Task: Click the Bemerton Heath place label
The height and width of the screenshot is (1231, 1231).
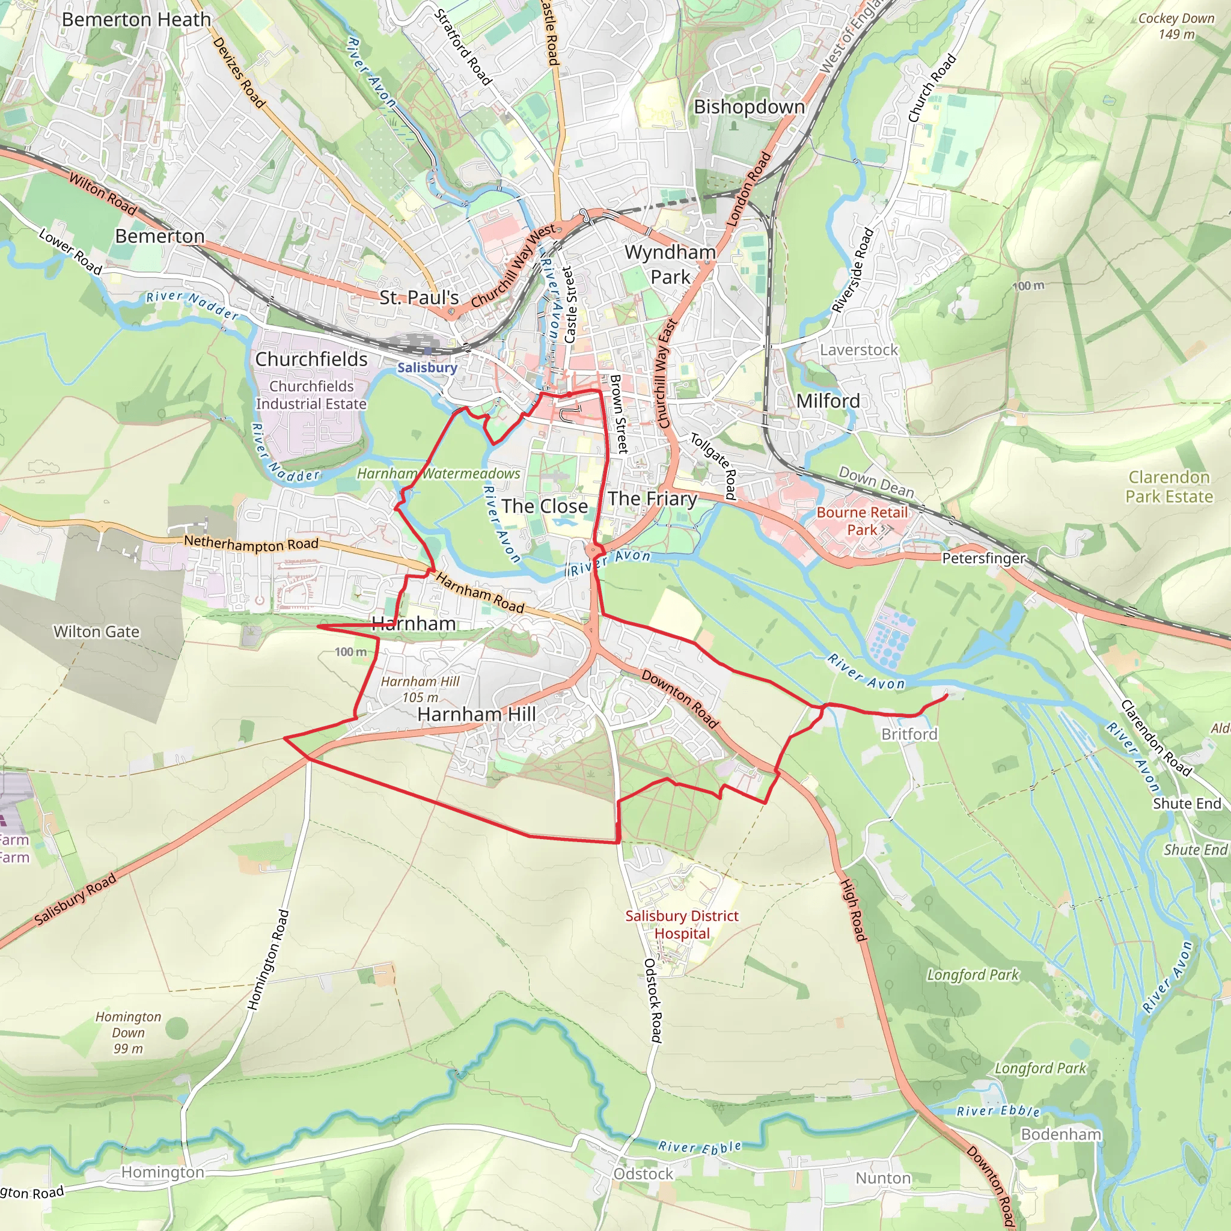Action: coord(136,20)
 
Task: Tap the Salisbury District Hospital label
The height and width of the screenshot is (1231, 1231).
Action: coord(682,924)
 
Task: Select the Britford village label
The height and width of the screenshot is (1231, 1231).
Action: coord(909,734)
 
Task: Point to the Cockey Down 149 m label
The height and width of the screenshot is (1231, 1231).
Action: coord(1176,26)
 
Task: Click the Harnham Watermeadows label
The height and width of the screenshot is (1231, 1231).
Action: coord(438,474)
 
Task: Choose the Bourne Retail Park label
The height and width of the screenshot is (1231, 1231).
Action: coord(861,521)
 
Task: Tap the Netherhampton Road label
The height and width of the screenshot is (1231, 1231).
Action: coord(251,544)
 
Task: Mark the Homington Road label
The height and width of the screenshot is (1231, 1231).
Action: coord(268,959)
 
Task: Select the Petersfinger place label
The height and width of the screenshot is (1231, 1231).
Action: coord(983,558)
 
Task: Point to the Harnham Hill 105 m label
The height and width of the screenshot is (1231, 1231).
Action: coord(420,689)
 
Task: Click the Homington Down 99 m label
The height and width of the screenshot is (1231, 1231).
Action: coord(128,1032)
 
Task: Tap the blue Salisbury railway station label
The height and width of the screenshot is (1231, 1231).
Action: coord(427,368)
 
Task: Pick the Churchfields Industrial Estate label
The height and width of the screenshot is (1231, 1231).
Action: coord(311,394)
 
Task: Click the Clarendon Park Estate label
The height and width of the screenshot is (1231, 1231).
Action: coord(1168,487)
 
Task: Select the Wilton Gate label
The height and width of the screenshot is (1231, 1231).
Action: coord(96,632)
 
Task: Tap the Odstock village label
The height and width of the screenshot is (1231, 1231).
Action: coord(643,1174)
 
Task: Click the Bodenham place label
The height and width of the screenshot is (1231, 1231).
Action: coord(1061,1134)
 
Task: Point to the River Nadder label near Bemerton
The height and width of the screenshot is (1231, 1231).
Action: coord(192,305)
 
